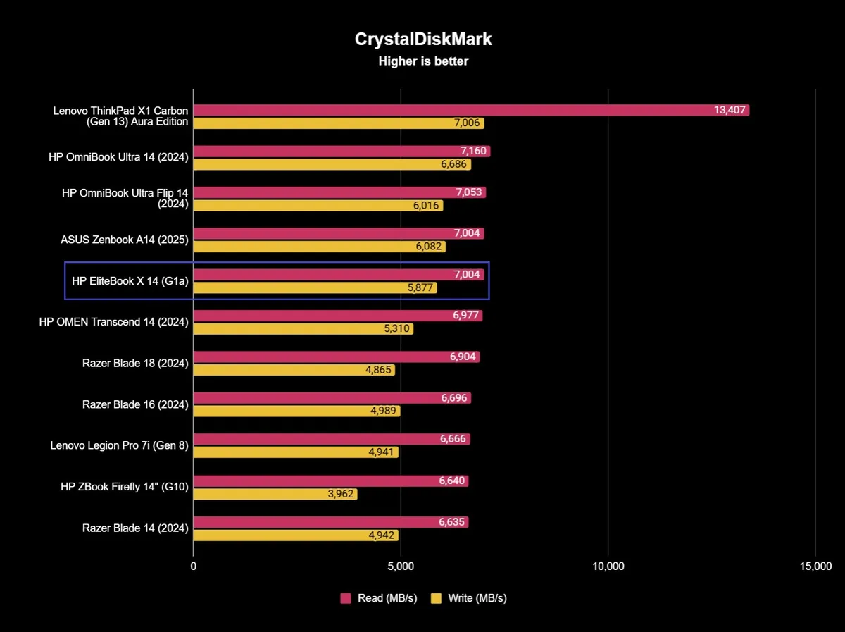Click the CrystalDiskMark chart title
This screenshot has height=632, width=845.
(423, 39)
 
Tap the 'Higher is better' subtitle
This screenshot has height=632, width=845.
(423, 61)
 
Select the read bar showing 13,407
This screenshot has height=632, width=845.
(470, 110)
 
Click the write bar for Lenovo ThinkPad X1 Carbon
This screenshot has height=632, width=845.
(338, 123)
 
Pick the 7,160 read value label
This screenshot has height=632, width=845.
(471, 151)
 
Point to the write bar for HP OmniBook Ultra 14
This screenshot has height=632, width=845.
(332, 164)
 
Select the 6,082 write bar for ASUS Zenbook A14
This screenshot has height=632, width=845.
(319, 247)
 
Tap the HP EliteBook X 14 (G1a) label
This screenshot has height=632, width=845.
(130, 280)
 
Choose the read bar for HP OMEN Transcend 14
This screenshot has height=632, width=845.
(337, 316)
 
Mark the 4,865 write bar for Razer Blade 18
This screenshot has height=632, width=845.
(294, 370)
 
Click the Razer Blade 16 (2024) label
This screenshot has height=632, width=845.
(135, 404)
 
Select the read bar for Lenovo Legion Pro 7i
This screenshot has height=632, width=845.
(331, 439)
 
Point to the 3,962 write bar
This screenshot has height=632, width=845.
(275, 494)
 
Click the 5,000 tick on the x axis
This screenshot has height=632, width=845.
(400, 566)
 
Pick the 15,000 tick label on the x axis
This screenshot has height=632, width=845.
(815, 566)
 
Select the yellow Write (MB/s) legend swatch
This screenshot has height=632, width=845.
(436, 598)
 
